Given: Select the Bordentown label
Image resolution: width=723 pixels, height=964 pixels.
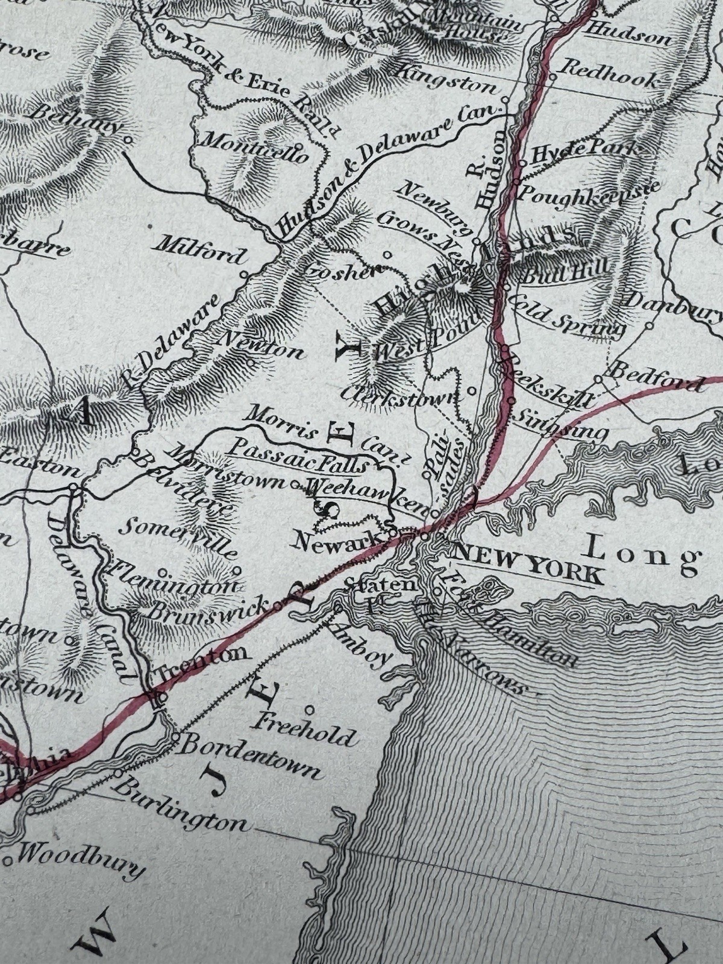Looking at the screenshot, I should [249, 755].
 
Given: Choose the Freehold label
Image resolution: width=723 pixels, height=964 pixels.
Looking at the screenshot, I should [306, 728].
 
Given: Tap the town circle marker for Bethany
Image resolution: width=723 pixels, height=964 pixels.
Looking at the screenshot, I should [128, 140].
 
